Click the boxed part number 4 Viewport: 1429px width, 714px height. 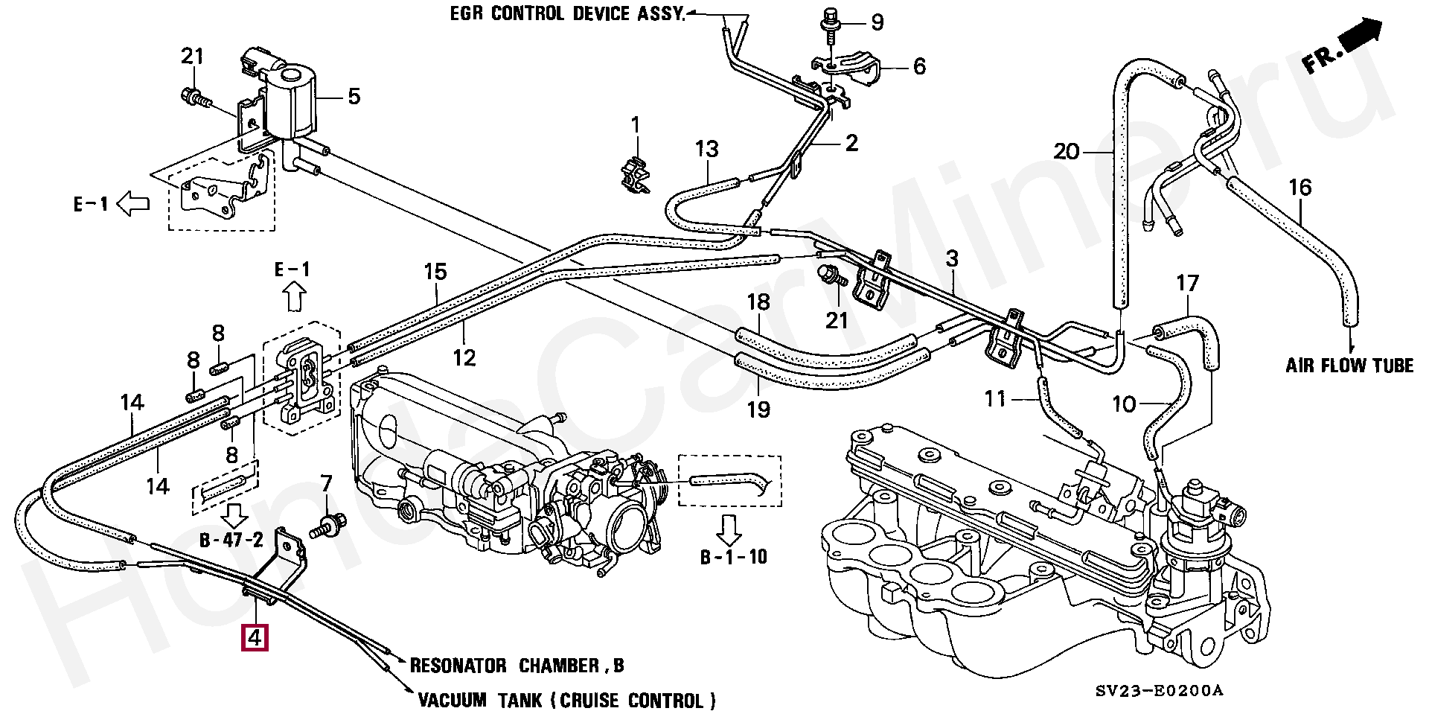(x=254, y=638)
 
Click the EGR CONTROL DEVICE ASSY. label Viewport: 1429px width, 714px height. (x=567, y=14)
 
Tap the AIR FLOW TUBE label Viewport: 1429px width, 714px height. (x=1349, y=366)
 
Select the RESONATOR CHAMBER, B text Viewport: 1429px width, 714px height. (x=517, y=666)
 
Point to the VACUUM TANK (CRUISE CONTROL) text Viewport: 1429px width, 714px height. (x=566, y=701)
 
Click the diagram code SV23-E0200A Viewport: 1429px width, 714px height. (x=1159, y=691)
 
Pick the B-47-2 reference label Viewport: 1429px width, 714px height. (x=231, y=540)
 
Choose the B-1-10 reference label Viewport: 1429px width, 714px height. (x=733, y=557)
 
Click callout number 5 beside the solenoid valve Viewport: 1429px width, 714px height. (x=354, y=96)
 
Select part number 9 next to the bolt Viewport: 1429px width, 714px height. (x=877, y=22)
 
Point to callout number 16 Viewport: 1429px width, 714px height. (x=1299, y=188)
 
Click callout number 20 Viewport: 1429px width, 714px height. (x=1066, y=152)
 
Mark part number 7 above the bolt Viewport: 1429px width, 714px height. (x=326, y=484)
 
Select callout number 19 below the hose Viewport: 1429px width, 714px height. (x=758, y=409)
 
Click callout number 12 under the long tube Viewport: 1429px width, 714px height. (x=464, y=358)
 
